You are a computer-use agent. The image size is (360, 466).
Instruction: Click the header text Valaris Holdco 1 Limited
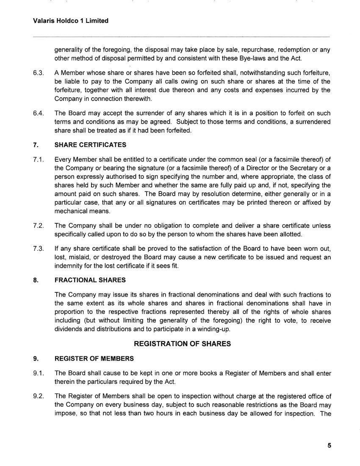(x=70, y=20)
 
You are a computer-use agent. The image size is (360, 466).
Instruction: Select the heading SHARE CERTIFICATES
(x=90, y=145)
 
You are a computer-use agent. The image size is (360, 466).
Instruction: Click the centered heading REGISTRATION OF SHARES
(x=182, y=344)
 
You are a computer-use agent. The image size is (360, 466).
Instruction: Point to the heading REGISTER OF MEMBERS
(x=94, y=358)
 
